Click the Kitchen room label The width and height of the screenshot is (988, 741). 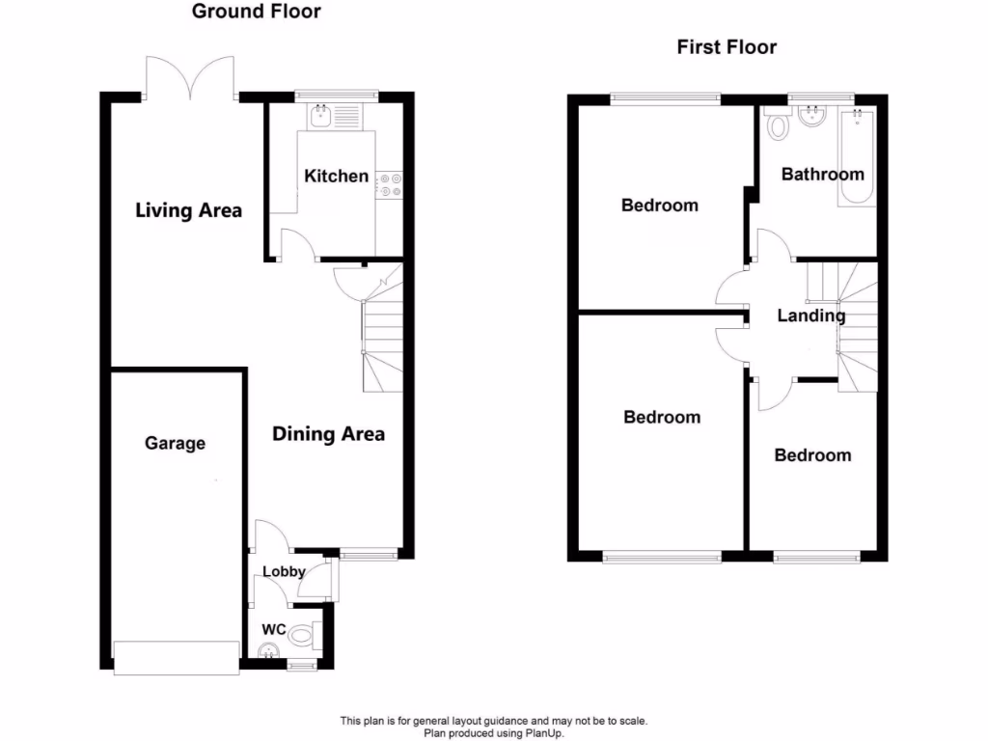(336, 176)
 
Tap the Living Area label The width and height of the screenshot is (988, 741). (188, 210)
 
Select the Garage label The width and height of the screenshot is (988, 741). (176, 444)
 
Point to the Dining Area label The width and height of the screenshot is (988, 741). (328, 434)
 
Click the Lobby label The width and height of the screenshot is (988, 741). (285, 571)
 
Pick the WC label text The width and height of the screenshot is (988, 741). (274, 630)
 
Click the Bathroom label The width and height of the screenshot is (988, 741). (822, 175)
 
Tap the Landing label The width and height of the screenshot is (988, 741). (811, 316)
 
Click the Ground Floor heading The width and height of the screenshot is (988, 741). (257, 12)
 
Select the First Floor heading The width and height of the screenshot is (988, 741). (727, 47)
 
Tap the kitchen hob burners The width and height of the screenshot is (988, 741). (390, 184)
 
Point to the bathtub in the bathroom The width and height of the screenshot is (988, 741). (858, 159)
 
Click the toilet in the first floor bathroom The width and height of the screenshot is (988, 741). (774, 126)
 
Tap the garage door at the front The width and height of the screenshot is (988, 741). (176, 658)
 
